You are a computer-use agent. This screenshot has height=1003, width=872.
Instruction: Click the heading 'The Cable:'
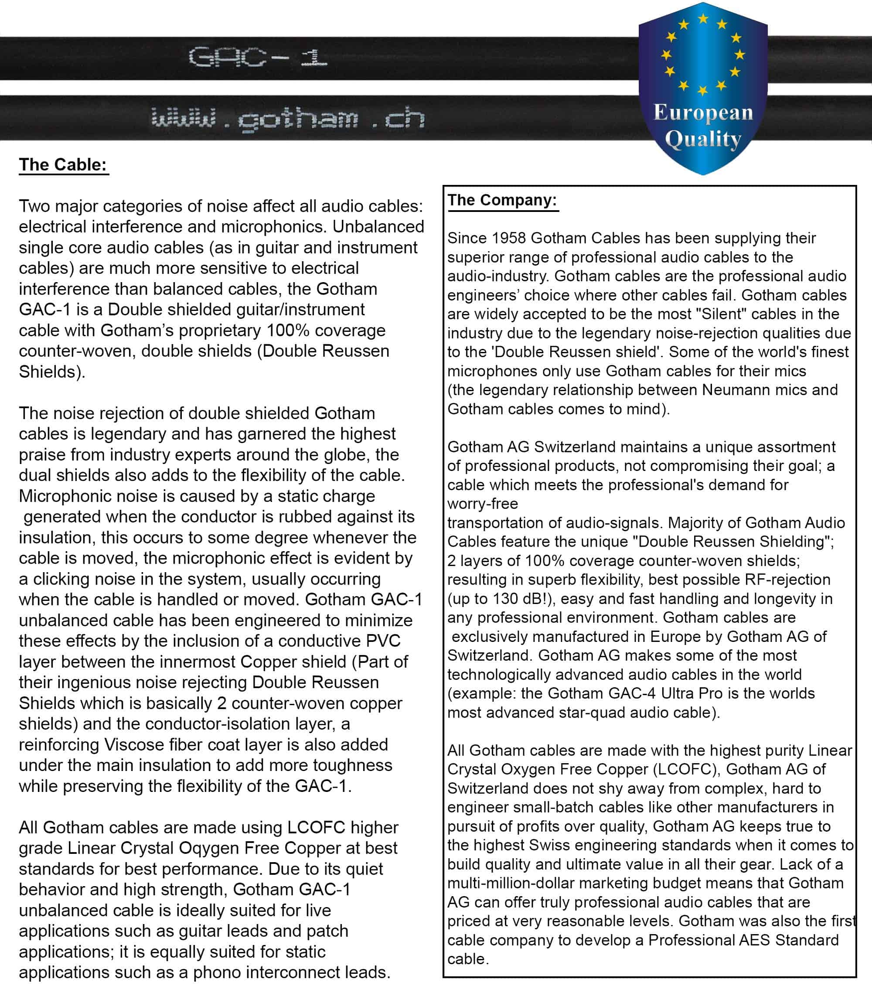coord(63,164)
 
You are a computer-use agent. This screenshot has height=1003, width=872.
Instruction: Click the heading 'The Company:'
coord(502,200)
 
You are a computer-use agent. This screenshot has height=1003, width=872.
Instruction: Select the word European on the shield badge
coord(703,113)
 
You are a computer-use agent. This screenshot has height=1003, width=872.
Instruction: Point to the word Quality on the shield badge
coord(703,139)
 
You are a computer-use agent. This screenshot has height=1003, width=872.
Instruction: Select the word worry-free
coord(483,504)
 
